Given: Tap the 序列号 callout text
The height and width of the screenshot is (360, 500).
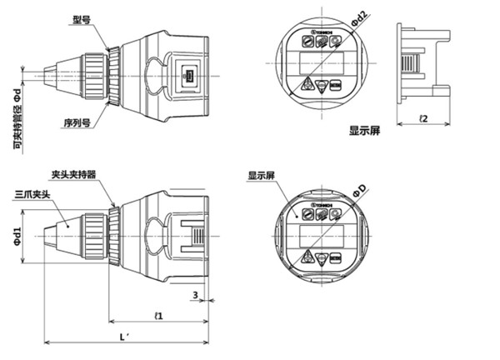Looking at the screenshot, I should coord(77,122).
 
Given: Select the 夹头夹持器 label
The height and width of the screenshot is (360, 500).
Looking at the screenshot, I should coord(73,175).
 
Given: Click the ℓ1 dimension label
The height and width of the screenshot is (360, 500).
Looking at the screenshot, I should coord(158,315).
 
